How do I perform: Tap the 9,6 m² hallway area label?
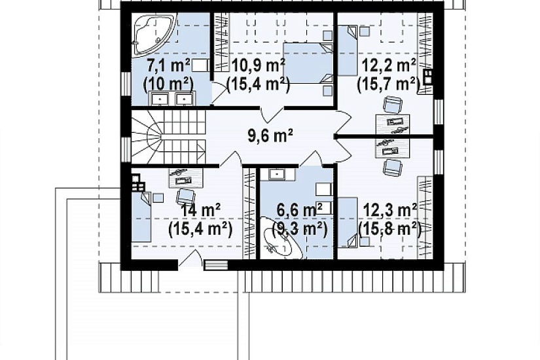click(x=270, y=135)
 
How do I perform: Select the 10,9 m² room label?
click(x=259, y=65)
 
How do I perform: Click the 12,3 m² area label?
click(x=390, y=210)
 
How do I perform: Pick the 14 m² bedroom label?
click(x=201, y=210)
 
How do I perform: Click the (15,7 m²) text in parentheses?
click(x=389, y=84)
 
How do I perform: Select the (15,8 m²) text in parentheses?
click(x=389, y=229)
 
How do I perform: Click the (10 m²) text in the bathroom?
click(x=168, y=84)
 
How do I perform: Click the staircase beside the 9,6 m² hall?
click(x=168, y=137)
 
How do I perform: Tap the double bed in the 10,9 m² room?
click(x=308, y=63)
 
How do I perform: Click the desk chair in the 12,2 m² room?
click(x=393, y=105)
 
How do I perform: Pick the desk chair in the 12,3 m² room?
click(x=393, y=168)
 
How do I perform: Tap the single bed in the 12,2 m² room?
click(x=348, y=51)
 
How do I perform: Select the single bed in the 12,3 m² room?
click(x=347, y=222)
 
